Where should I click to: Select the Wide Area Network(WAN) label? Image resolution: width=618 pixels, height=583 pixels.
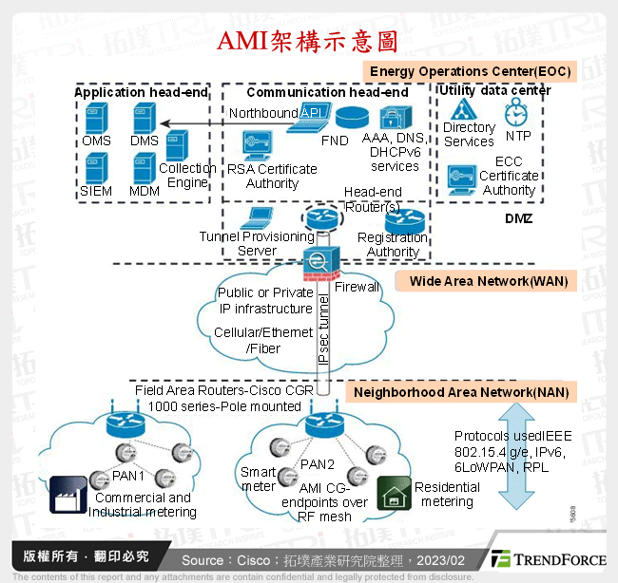(490, 281)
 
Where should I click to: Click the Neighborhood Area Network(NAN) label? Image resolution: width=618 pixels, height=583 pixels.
(461, 392)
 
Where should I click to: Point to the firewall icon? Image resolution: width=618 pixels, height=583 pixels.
(316, 260)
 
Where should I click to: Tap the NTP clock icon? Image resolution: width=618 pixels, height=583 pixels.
(515, 113)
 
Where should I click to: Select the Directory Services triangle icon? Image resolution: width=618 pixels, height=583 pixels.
(464, 109)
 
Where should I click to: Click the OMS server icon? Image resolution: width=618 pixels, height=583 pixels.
(94, 118)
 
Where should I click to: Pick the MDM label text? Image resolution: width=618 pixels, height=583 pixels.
(145, 190)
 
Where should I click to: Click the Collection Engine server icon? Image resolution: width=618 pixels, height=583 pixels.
(178, 145)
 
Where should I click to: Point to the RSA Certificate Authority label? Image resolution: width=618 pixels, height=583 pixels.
(272, 176)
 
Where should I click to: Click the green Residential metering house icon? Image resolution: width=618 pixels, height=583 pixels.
(391, 491)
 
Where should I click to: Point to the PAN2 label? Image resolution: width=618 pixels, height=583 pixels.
(317, 463)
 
